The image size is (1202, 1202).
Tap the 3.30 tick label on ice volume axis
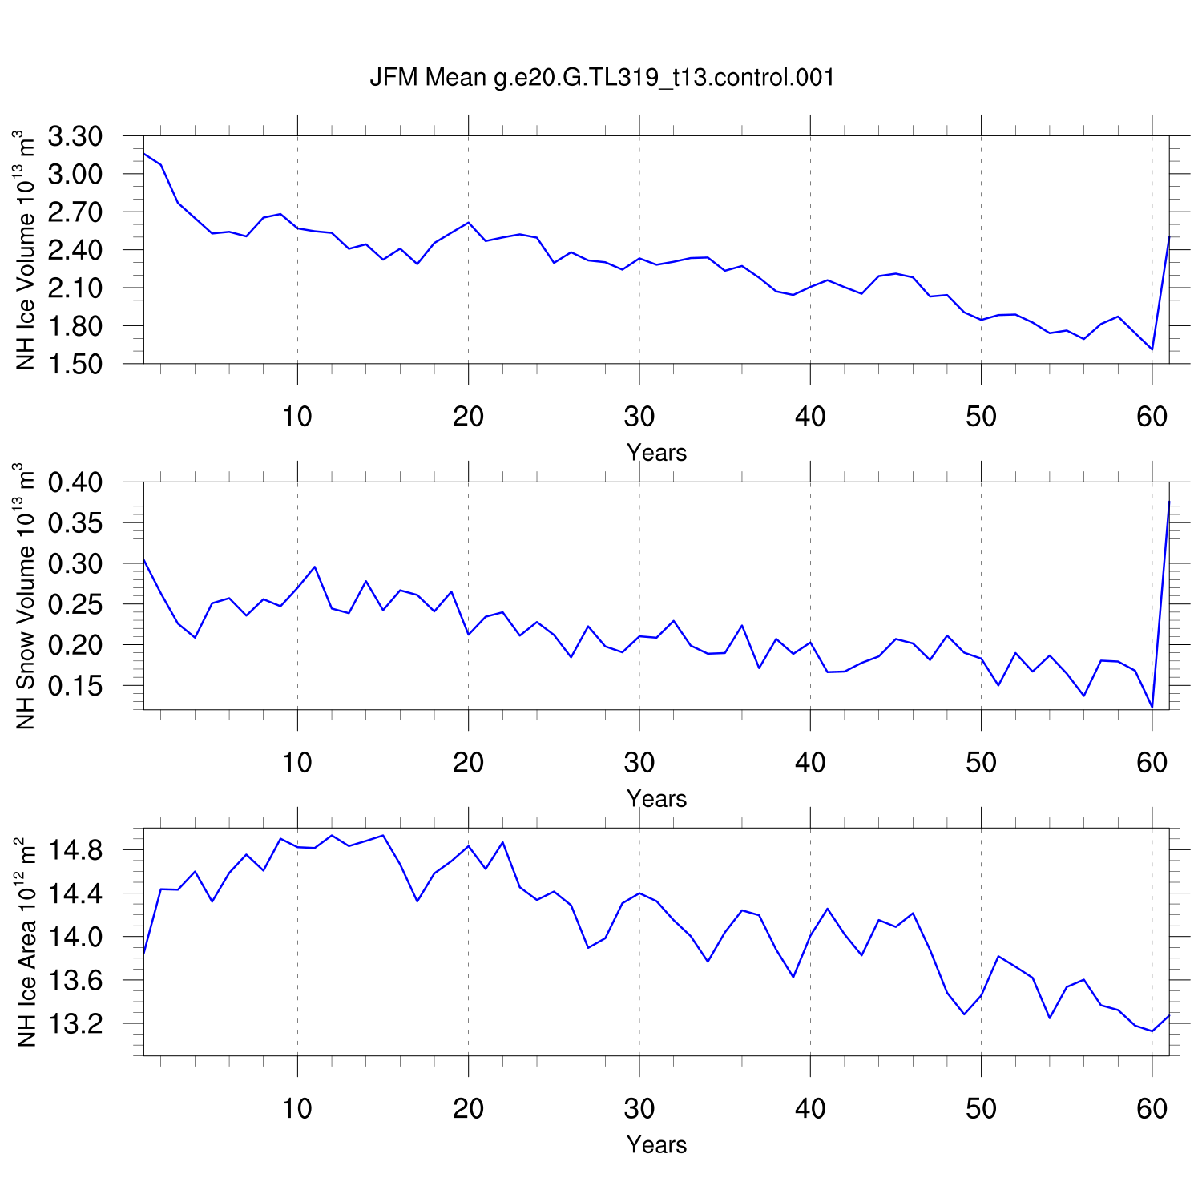(75, 137)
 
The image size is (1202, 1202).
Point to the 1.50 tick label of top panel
(75, 364)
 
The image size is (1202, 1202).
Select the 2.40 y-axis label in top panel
(75, 250)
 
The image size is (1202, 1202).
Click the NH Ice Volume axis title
(26, 250)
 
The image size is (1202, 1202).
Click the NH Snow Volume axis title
(26, 596)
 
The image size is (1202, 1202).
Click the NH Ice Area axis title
(26, 942)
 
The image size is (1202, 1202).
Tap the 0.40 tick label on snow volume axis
(75, 482)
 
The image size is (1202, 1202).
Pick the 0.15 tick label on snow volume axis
(75, 686)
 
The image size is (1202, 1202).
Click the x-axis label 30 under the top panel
(639, 417)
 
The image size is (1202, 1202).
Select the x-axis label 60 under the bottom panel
(1152, 1109)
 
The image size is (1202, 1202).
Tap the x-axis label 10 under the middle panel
(296, 763)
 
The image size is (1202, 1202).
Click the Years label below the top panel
(656, 453)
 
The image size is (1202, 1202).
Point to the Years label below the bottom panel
(656, 1145)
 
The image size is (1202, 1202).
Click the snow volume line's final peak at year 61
(1169, 502)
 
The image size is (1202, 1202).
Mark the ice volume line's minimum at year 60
(1152, 349)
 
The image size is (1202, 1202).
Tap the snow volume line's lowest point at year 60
(1152, 707)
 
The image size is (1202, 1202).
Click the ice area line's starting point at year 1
(143, 952)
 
